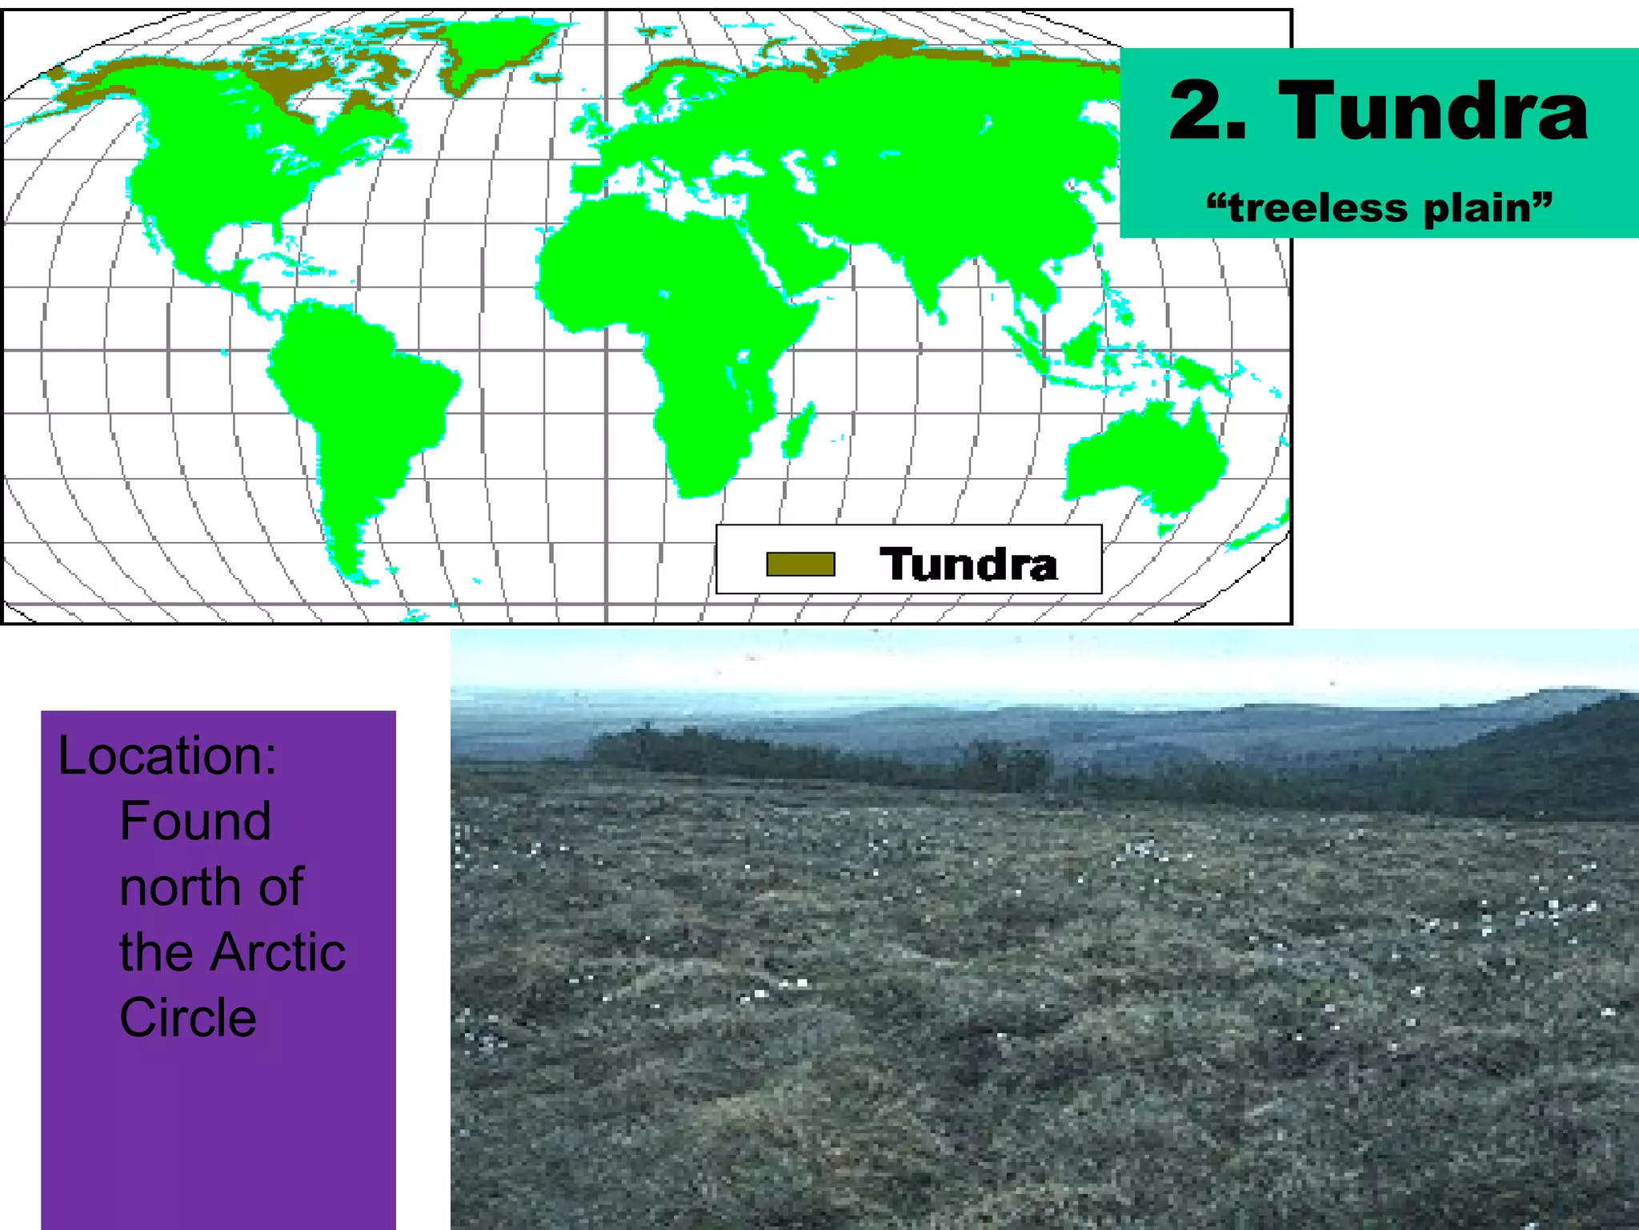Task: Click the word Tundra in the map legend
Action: click(x=968, y=564)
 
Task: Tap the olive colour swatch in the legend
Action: click(x=800, y=565)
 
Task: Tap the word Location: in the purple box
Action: click(x=167, y=754)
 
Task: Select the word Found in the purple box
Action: click(x=195, y=821)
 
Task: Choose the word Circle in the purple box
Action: click(x=188, y=1018)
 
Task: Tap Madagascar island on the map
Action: click(x=799, y=431)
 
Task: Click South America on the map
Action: click(x=360, y=400)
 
